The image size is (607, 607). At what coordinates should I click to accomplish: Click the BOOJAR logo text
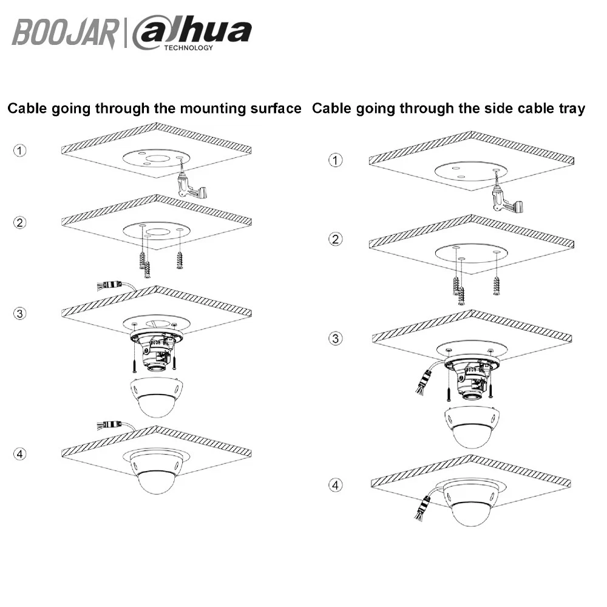pyautogui.click(x=65, y=33)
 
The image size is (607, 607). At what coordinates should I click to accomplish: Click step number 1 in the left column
pyautogui.click(x=20, y=150)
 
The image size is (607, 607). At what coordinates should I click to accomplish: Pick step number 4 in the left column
pyautogui.click(x=20, y=453)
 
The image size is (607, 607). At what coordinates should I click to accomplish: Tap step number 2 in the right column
pyautogui.click(x=336, y=239)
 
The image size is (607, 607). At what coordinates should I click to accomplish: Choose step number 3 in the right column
pyautogui.click(x=336, y=339)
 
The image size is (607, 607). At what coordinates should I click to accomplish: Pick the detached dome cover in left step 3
pyautogui.click(x=157, y=397)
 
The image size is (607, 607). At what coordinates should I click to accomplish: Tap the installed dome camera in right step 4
pyautogui.click(x=471, y=502)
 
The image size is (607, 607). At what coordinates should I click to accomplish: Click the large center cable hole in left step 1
pyautogui.click(x=157, y=158)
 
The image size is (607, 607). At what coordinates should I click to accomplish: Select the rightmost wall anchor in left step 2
pyautogui.click(x=179, y=259)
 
